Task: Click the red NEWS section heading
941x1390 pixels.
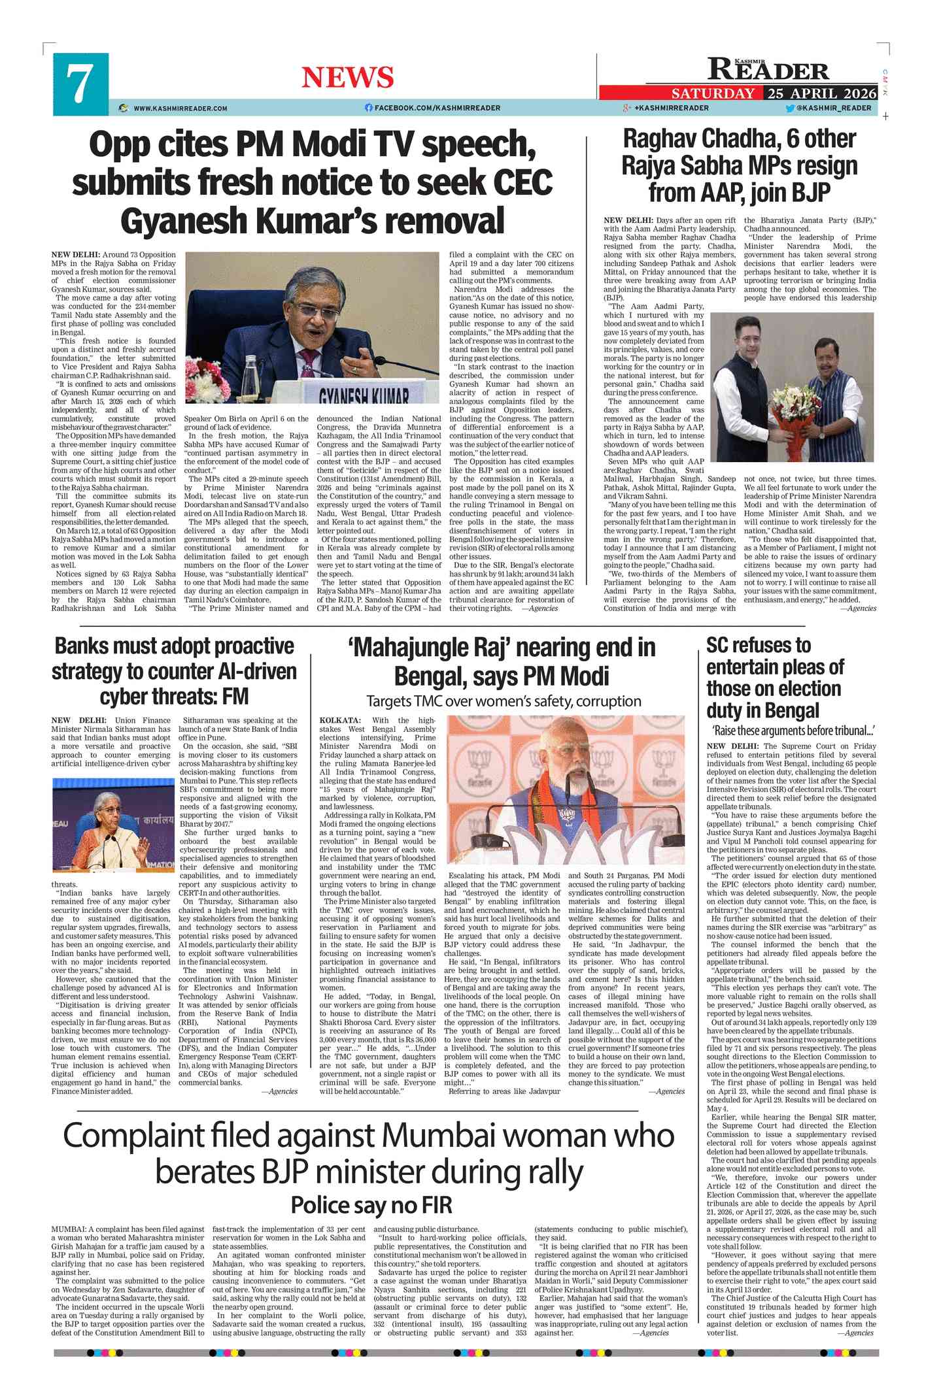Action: [x=347, y=77]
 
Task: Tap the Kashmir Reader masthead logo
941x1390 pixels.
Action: [x=768, y=69]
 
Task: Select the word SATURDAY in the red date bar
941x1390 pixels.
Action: [x=712, y=93]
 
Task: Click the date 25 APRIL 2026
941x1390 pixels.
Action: [x=821, y=93]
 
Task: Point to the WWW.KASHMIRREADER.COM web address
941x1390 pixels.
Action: [x=180, y=108]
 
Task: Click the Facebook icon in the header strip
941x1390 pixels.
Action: [x=369, y=108]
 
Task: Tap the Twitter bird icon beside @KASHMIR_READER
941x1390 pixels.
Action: [x=790, y=108]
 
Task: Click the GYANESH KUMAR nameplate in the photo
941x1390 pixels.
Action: [x=364, y=397]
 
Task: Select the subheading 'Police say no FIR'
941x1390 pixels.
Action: [x=371, y=1204]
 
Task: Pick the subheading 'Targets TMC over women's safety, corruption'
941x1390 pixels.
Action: [x=504, y=701]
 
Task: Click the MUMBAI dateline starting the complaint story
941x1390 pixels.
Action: [x=68, y=1229]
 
